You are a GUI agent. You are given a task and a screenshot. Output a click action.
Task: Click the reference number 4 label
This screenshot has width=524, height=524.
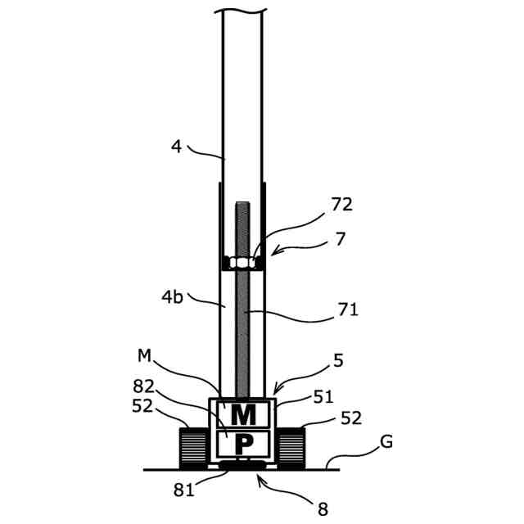click(x=177, y=147)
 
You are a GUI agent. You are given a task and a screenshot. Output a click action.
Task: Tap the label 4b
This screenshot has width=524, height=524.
click(x=173, y=296)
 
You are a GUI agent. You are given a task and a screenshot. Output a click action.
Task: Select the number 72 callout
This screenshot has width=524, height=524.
click(x=341, y=204)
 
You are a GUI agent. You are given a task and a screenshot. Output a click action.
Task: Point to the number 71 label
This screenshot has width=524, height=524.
click(x=348, y=309)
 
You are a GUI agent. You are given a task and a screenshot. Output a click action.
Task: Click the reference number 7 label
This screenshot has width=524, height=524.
click(x=340, y=239)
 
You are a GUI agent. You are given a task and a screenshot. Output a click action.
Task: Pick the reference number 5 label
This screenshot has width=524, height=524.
click(x=338, y=360)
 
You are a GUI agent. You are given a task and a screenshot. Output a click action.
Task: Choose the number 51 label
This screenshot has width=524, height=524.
click(x=323, y=397)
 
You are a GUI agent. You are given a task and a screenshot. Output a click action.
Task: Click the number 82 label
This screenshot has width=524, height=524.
click(x=144, y=386)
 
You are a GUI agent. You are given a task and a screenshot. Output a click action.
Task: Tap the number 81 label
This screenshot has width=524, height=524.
click(x=183, y=490)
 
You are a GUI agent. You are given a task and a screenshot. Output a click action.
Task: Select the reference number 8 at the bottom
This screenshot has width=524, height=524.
click(x=323, y=509)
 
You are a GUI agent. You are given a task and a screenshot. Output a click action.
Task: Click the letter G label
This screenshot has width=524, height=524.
click(x=386, y=442)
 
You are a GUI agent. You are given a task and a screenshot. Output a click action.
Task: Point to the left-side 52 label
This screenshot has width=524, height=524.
click(x=142, y=406)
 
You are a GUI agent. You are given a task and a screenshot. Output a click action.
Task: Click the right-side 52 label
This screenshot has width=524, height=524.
click(x=351, y=418)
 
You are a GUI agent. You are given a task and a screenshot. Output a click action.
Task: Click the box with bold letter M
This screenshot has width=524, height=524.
click(x=243, y=414)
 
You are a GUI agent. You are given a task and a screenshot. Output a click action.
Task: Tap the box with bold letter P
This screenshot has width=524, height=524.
click(x=243, y=444)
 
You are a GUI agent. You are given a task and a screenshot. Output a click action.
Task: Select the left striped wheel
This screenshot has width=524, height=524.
click(x=193, y=448)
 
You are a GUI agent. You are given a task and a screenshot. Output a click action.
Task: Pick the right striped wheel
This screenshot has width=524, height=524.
click(x=291, y=448)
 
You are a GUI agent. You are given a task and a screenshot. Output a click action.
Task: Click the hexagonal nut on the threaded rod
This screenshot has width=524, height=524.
click(x=242, y=262)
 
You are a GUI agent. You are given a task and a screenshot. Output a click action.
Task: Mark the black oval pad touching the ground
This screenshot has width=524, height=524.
click(x=242, y=464)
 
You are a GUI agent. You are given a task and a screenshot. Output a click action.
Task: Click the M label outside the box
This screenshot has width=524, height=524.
click(x=144, y=355)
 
